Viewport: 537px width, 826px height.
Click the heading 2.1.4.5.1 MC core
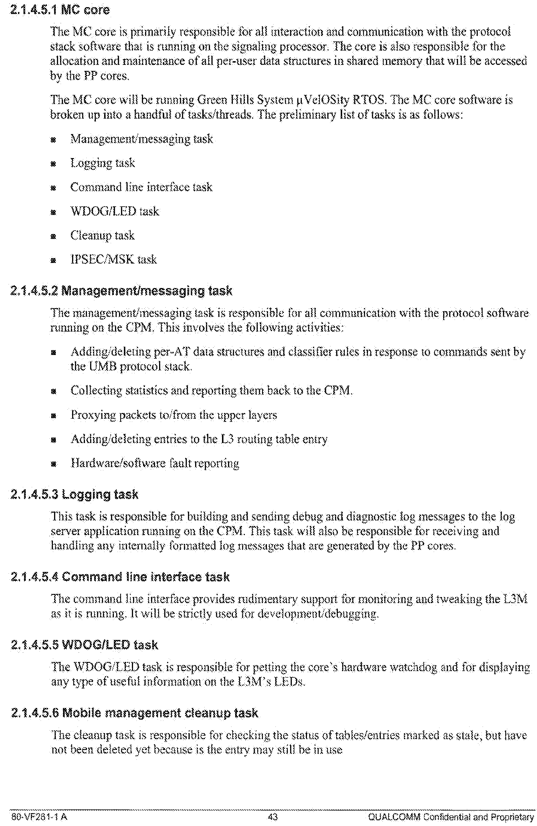click(60, 9)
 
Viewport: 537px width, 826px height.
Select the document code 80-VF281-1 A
click(39, 817)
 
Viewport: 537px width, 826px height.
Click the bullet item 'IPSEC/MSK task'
click(113, 260)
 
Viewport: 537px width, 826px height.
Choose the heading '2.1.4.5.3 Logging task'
click(75, 494)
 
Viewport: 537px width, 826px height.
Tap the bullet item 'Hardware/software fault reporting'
click(154, 463)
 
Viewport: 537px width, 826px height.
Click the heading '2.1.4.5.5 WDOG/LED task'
click(84, 645)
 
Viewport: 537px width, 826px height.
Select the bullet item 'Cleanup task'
click(102, 236)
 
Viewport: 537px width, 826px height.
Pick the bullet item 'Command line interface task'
click(141, 187)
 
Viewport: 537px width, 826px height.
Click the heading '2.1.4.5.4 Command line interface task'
click(120, 577)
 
